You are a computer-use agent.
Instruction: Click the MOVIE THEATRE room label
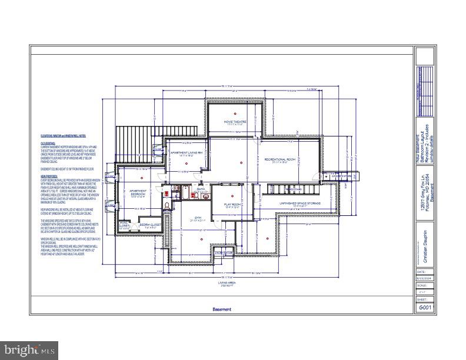[x=234, y=123]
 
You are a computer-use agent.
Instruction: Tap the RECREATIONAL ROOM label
[x=279, y=159]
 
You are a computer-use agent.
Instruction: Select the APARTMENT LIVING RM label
[x=187, y=154]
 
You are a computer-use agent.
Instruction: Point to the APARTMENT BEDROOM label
[x=138, y=192]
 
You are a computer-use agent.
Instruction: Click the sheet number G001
[x=424, y=308]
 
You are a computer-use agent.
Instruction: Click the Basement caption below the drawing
[x=222, y=309]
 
